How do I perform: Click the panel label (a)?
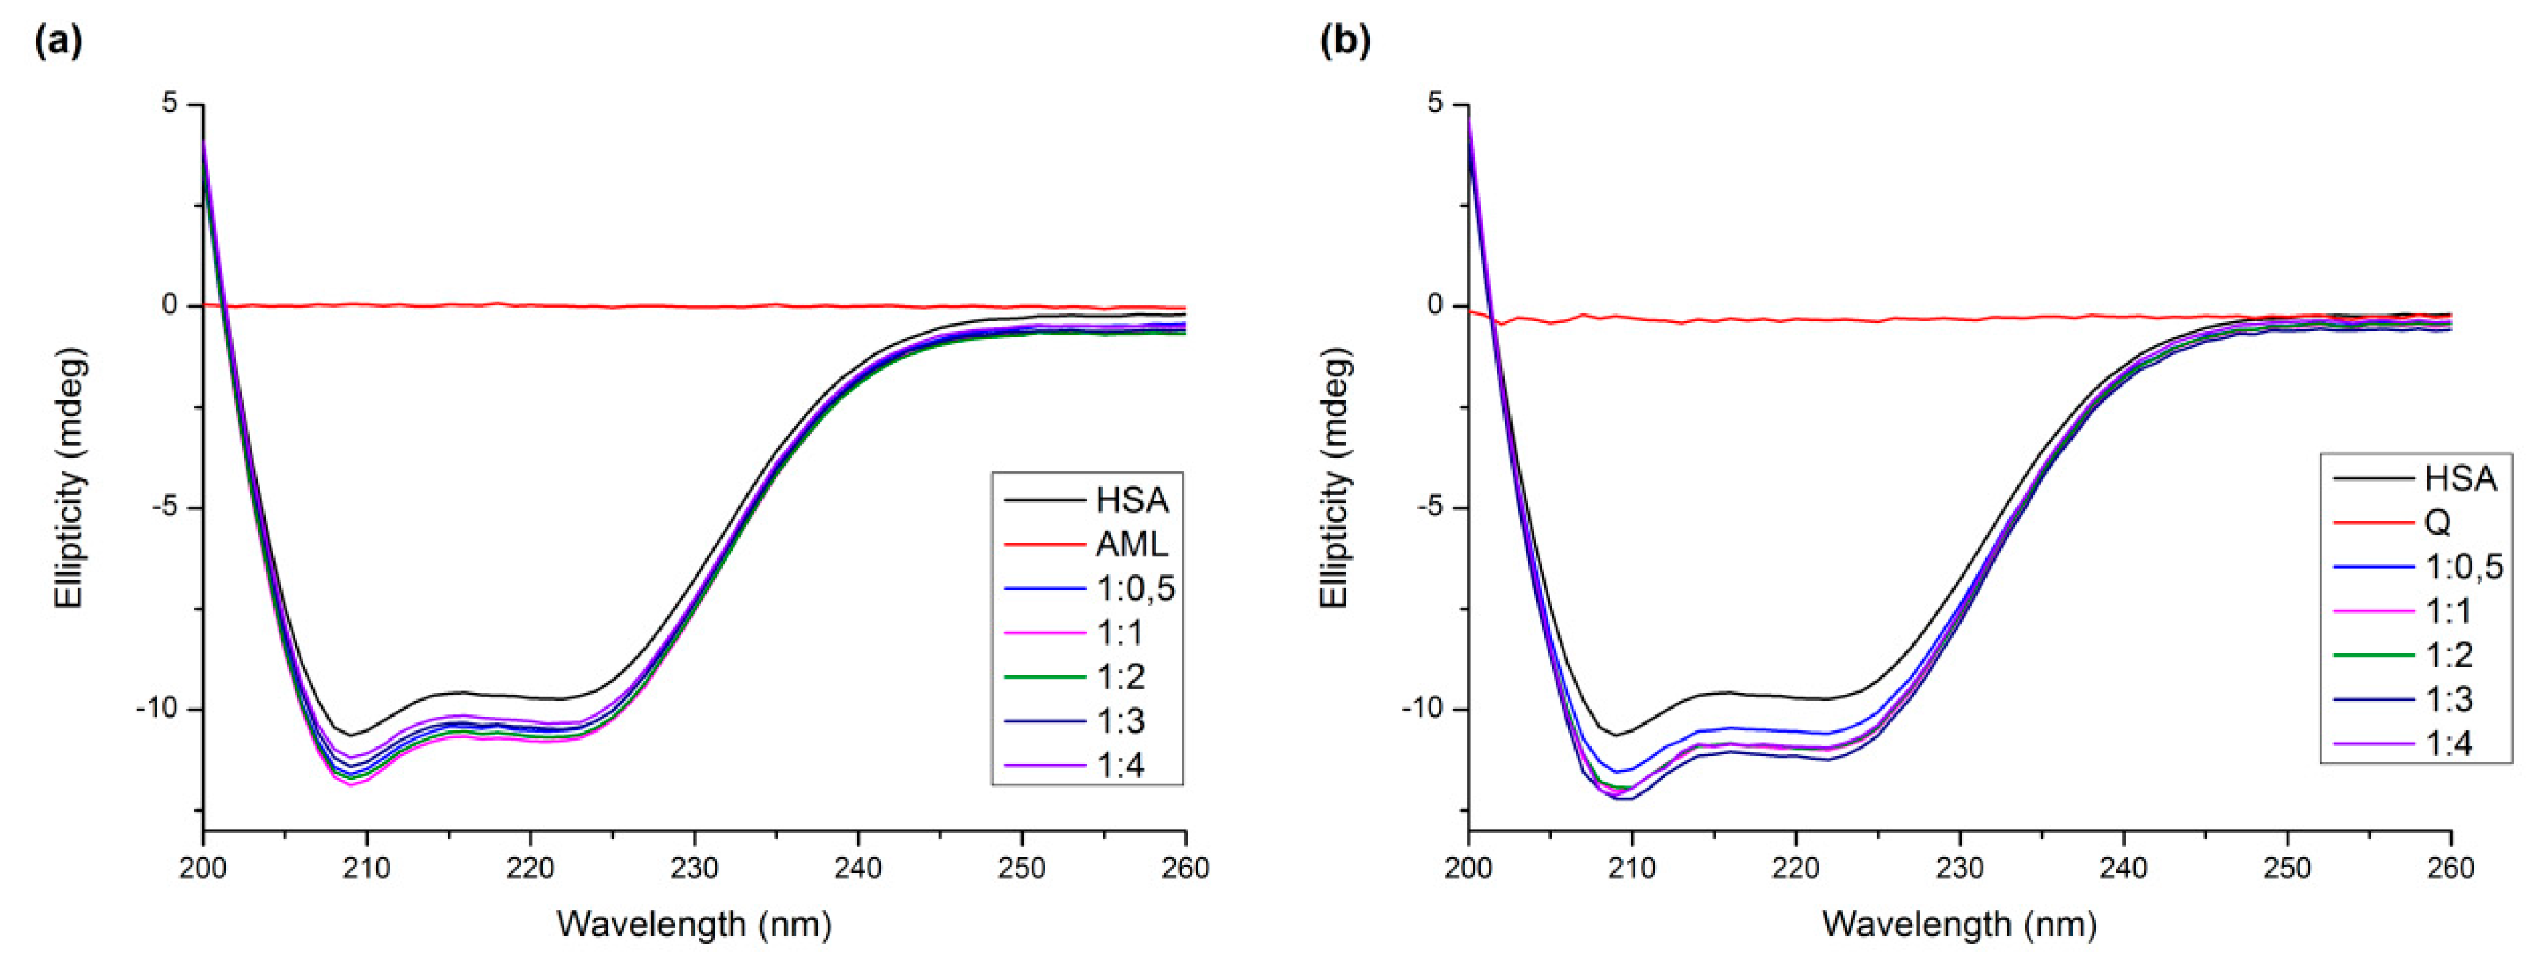coord(58,41)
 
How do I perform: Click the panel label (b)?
coord(1344,41)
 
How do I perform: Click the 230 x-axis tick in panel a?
coord(694,868)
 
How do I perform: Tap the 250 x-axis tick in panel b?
coord(2287,868)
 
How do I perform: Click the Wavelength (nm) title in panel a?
coord(694,925)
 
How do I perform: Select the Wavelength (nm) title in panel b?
coord(1959,925)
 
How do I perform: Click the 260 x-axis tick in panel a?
coord(1185,868)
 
